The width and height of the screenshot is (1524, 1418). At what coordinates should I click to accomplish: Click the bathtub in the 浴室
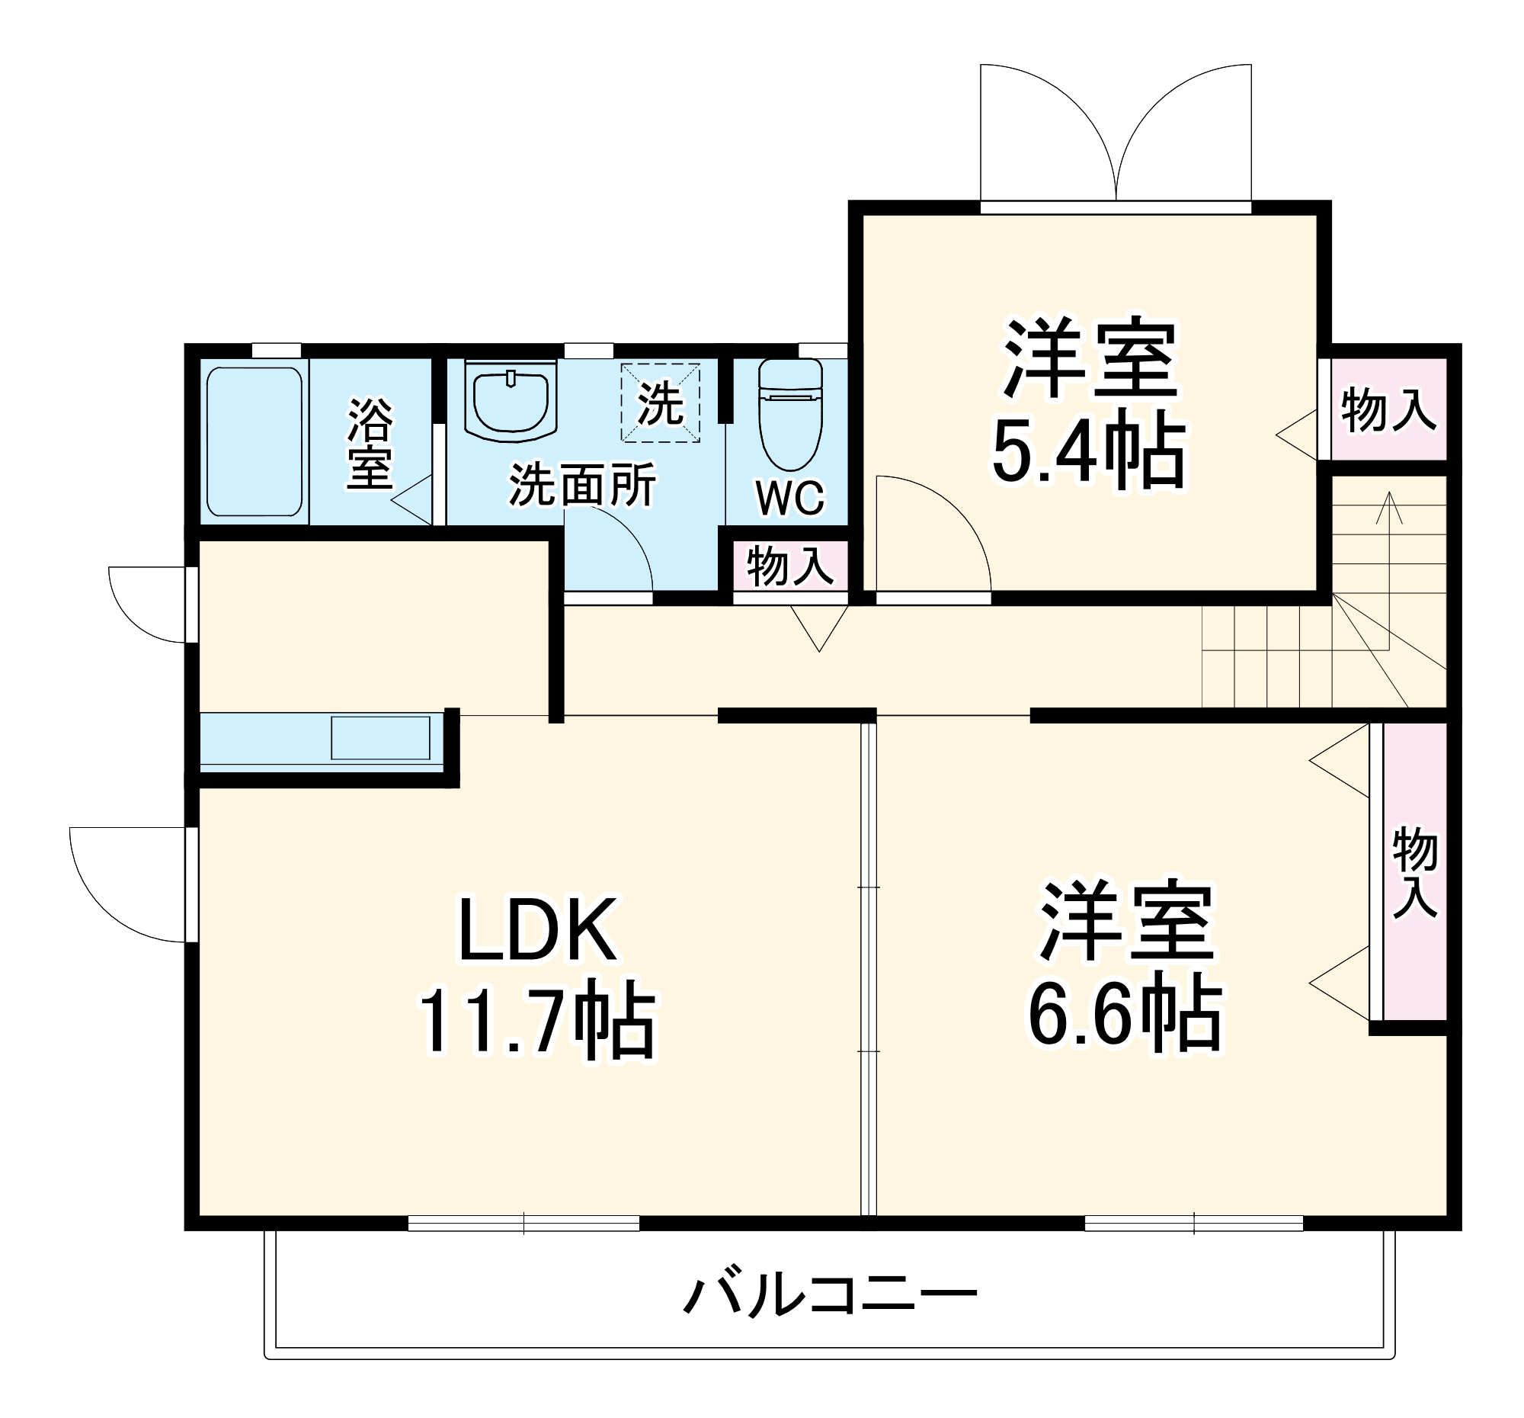click(x=254, y=441)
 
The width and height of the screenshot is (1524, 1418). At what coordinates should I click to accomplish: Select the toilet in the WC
click(x=790, y=414)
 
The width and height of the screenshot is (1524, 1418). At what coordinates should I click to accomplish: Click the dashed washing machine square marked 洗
click(x=660, y=403)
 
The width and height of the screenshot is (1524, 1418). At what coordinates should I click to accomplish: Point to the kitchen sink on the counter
click(x=380, y=738)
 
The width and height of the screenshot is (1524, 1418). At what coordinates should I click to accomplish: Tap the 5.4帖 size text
click(x=1089, y=451)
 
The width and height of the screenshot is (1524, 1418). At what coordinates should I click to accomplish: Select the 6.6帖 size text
click(x=1125, y=1015)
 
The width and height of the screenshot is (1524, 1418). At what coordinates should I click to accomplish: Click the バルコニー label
click(x=831, y=1295)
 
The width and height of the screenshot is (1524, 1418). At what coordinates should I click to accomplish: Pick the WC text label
click(x=789, y=499)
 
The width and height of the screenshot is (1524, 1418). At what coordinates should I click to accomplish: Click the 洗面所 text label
click(x=583, y=485)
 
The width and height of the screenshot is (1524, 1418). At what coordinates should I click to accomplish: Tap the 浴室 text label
click(x=370, y=443)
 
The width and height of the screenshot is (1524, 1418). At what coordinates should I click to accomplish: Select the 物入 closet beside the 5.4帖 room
click(x=1388, y=409)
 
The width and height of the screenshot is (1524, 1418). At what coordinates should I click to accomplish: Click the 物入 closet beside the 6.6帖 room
click(x=1414, y=871)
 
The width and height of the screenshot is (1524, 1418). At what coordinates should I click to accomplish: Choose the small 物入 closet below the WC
click(x=789, y=566)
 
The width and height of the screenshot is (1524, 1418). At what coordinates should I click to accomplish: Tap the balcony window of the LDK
click(x=523, y=1222)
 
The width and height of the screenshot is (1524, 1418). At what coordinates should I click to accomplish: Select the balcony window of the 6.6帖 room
click(x=1193, y=1222)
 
